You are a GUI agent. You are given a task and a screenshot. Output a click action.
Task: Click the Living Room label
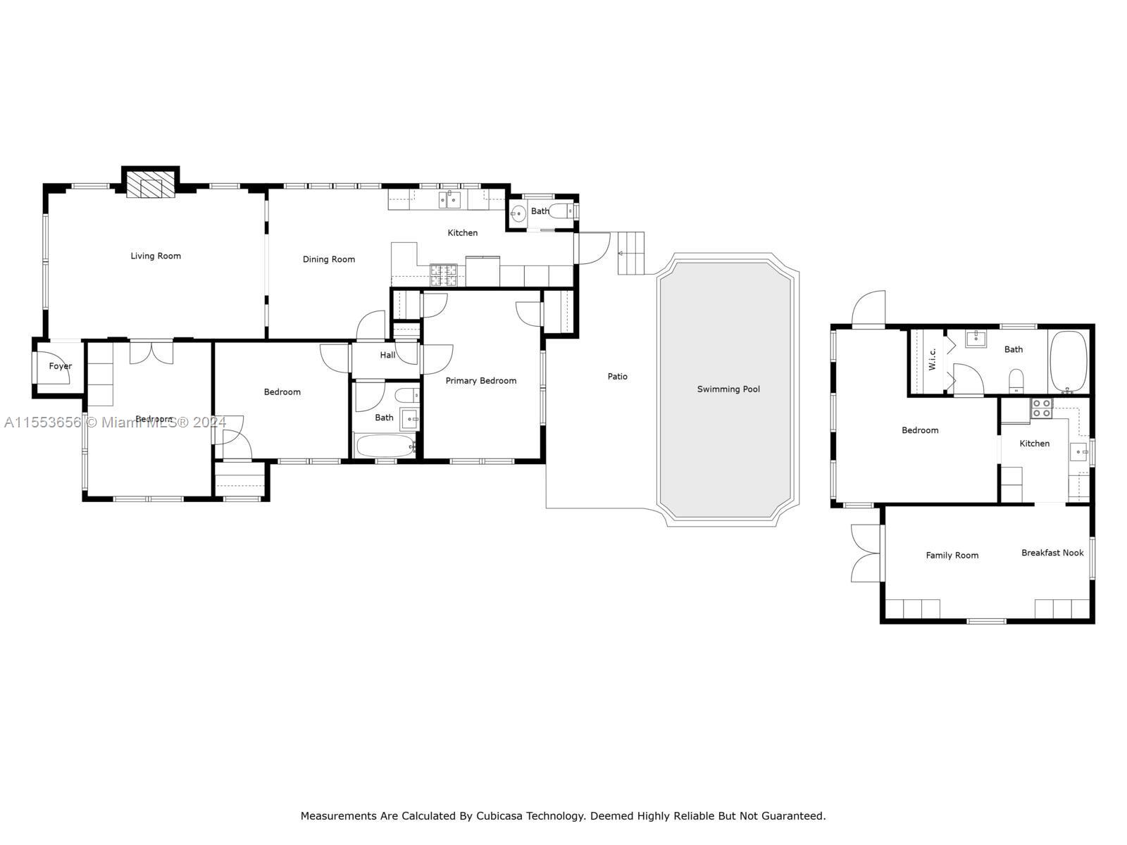(x=156, y=256)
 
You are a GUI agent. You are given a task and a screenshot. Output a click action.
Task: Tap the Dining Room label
(x=328, y=259)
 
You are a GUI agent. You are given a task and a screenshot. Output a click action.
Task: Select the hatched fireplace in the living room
(x=150, y=184)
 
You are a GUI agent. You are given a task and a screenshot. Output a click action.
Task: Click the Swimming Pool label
(x=728, y=389)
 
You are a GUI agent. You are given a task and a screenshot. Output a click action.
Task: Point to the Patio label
(x=617, y=376)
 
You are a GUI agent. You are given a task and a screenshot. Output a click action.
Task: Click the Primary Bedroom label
(x=480, y=380)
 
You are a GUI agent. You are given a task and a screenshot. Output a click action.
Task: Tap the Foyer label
(x=60, y=366)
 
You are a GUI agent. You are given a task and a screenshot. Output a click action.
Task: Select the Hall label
(x=387, y=355)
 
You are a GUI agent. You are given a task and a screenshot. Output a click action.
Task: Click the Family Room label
(x=952, y=555)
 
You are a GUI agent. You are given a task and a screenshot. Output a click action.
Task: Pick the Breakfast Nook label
(x=1052, y=553)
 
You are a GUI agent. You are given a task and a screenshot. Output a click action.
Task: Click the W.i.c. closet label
(x=932, y=359)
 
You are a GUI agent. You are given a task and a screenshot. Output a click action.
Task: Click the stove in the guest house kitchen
(x=1041, y=408)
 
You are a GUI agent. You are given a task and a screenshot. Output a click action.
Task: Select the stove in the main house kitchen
(x=444, y=275)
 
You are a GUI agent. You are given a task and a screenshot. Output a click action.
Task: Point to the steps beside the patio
(x=631, y=252)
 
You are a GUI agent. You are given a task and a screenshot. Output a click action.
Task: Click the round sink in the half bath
(x=518, y=213)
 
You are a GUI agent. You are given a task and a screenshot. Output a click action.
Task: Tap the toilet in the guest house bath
(x=1016, y=381)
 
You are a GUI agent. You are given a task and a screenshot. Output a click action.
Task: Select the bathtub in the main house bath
(x=385, y=446)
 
